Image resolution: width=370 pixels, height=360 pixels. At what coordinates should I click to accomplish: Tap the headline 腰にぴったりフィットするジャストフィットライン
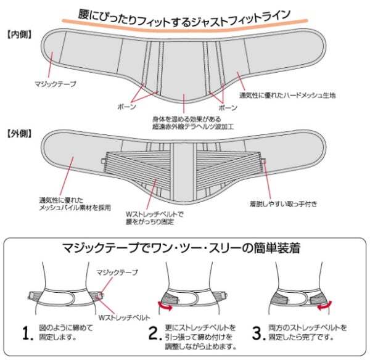tap(185, 14)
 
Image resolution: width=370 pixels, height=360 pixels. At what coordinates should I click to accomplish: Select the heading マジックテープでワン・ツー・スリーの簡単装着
tap(185, 250)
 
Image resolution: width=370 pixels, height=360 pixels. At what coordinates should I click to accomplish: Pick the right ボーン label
tap(228, 106)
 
